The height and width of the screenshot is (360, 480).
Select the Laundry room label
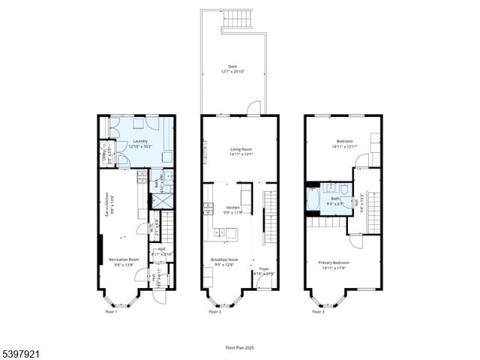coord(139,141)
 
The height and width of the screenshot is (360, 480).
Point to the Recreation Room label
coord(124,259)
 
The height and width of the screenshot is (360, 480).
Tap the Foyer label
coord(264,268)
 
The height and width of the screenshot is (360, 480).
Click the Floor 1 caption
coord(110,312)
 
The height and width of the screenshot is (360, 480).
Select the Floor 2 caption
coord(214,312)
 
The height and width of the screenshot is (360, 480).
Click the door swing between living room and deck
coord(255,107)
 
